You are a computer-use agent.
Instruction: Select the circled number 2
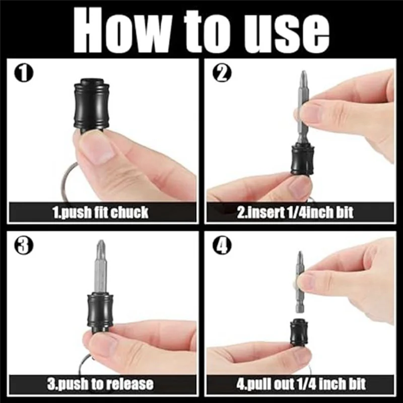pos(222,74)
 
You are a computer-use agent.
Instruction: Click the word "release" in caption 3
pos(128,384)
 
